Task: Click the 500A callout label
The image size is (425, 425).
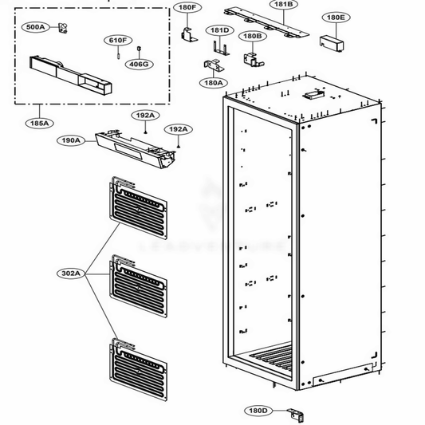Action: coord(35,27)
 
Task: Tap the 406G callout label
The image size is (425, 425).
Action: coord(139,64)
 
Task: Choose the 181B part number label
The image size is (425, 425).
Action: coord(284,5)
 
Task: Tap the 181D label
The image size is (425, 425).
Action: coord(219,30)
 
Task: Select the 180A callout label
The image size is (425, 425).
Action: coord(213,81)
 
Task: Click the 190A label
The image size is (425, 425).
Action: coord(70,140)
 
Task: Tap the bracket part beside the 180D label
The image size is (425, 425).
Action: coord(298,414)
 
